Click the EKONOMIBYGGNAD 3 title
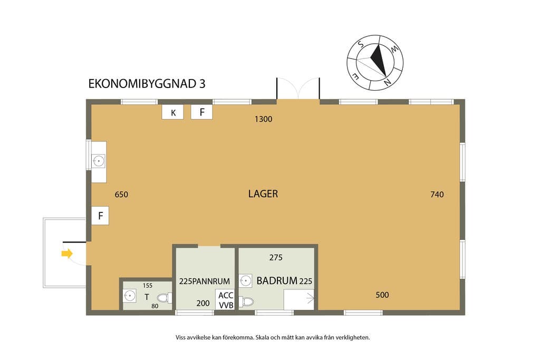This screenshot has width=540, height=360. [147, 84]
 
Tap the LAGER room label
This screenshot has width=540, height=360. [263, 194]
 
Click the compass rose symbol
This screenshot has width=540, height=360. [375, 63]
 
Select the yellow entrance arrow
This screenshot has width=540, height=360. [67, 254]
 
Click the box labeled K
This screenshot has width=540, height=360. [172, 112]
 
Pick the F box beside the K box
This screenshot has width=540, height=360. [202, 112]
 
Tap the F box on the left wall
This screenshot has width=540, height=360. [100, 216]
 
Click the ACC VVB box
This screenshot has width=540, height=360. [226, 300]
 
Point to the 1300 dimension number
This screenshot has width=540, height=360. [264, 119]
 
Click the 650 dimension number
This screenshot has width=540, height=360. [121, 195]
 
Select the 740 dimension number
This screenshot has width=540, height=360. [437, 194]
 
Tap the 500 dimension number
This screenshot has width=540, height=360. [382, 295]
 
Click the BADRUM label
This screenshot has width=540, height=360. [277, 281]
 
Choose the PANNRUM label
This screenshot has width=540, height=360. [211, 281]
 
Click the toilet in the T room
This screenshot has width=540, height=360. [165, 298]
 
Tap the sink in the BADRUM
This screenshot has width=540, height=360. [245, 281]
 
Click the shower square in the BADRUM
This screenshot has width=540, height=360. [299, 299]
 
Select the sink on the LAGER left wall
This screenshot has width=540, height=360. [99, 161]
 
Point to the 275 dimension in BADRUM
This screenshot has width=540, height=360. [276, 257]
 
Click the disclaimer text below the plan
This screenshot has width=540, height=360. [273, 338]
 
